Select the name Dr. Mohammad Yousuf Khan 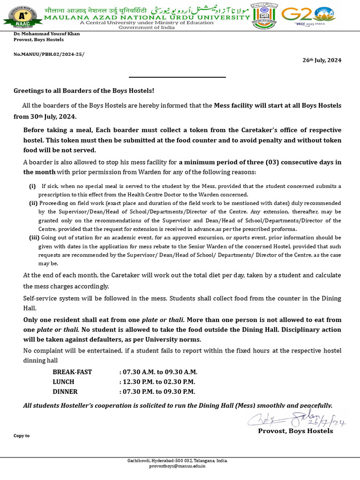(x=46, y=34)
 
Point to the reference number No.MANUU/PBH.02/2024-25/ (x=49, y=54)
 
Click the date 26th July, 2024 (x=322, y=60)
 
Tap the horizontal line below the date (x=177, y=77)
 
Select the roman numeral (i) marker (x=32, y=186)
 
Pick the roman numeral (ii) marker (x=33, y=203)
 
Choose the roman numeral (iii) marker (x=34, y=238)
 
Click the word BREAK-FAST (x=72, y=372)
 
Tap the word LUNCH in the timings (x=63, y=382)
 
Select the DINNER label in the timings (x=65, y=392)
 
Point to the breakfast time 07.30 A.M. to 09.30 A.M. (x=157, y=372)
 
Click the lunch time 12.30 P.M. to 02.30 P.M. (x=157, y=382)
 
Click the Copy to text (x=22, y=436)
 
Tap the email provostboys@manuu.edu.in (x=177, y=466)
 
